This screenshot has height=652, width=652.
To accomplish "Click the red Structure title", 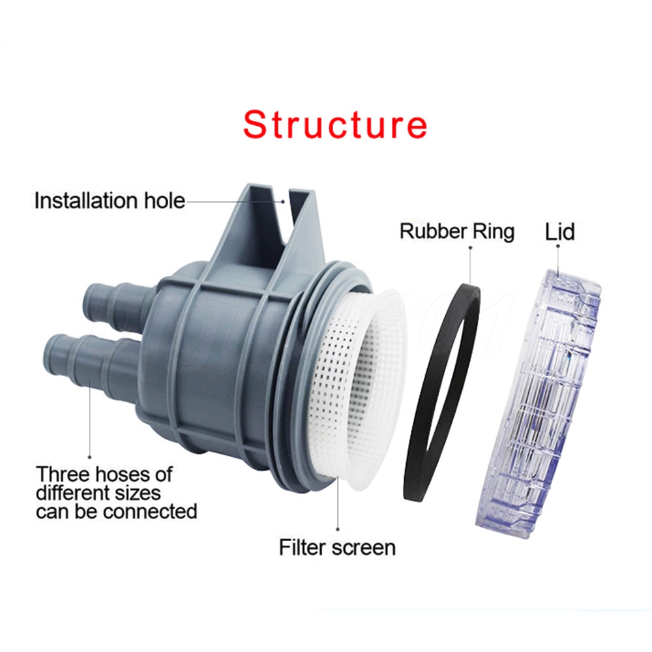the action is tap(335, 125).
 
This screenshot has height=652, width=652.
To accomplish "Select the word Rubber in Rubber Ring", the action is tap(432, 231).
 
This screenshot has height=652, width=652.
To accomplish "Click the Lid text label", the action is tap(559, 231).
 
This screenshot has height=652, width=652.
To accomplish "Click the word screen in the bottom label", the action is tap(363, 548).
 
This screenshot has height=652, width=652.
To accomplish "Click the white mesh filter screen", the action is tap(357, 389).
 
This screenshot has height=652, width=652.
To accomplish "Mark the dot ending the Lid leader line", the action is tap(558, 246).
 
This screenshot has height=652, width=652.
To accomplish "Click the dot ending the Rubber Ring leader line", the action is tap(470, 247).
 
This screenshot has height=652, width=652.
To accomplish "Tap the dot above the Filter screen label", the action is tap(338, 529).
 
